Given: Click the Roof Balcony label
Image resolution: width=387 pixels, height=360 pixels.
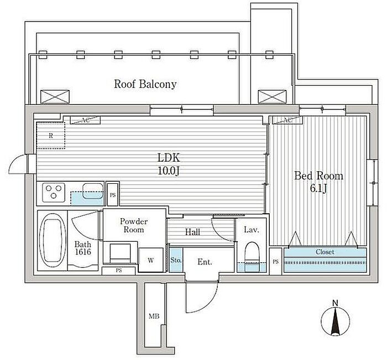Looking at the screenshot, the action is tap(145, 84).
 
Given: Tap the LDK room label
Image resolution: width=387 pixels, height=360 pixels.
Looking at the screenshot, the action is tap(169, 158).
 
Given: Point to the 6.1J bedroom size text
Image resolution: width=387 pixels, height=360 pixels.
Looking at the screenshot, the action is tap(318, 189).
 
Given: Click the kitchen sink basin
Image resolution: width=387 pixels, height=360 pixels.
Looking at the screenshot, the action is tap(93, 190).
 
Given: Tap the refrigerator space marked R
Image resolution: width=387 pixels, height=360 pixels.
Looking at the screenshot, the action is tap(51, 135).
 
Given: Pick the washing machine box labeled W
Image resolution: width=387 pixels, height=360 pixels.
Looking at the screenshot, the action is tap(151, 260).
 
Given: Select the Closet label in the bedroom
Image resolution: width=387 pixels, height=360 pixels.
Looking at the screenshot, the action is tap(325, 252).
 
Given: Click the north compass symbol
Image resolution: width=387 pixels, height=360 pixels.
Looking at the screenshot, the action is tap(335, 321).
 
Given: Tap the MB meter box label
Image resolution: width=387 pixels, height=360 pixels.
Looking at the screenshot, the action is tap(154, 316).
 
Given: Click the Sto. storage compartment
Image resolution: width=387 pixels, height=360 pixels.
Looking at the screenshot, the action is tap(176, 260).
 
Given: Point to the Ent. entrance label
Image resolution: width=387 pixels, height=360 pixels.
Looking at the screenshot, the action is tap(205, 262).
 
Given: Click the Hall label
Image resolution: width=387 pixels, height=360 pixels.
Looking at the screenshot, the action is tap(192, 232).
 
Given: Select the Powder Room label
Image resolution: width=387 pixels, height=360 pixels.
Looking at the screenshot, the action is tap(134, 225).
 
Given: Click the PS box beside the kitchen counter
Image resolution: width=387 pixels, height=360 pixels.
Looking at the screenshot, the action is tap(113, 195).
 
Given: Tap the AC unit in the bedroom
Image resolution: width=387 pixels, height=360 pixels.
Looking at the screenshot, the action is tap(287, 120).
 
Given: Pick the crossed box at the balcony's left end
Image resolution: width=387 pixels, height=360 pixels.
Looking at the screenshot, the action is tap(55, 97).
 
